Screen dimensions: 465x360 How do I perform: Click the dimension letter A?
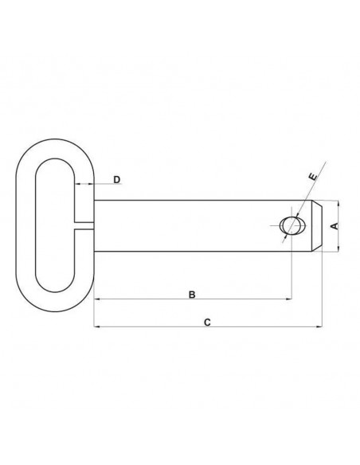coord(335,226)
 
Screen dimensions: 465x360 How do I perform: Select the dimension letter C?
coord(207,322)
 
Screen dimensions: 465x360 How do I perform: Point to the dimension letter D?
coord(116,180)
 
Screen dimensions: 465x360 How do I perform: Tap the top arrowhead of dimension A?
coord(337,204)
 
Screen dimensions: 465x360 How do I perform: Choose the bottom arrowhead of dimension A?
coord(337,248)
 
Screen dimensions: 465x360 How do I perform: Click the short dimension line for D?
coord(85,186)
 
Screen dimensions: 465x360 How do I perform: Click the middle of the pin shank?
coord(191,226)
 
